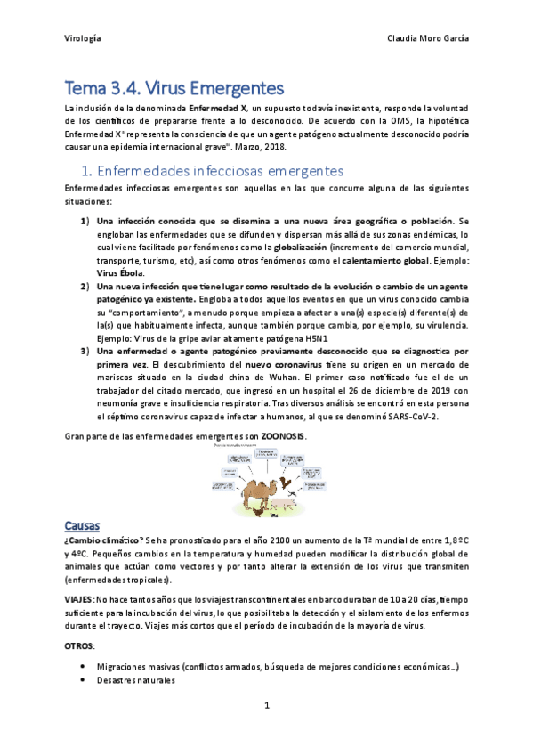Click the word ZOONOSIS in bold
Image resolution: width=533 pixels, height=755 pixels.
click(x=283, y=435)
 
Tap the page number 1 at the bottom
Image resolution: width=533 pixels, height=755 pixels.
click(x=266, y=706)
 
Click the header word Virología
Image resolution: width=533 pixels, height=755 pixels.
click(x=83, y=39)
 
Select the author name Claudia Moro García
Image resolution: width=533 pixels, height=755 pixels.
click(x=428, y=39)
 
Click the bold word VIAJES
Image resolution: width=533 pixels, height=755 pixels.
click(x=79, y=598)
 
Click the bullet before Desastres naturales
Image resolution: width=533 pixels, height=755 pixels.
click(x=83, y=680)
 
